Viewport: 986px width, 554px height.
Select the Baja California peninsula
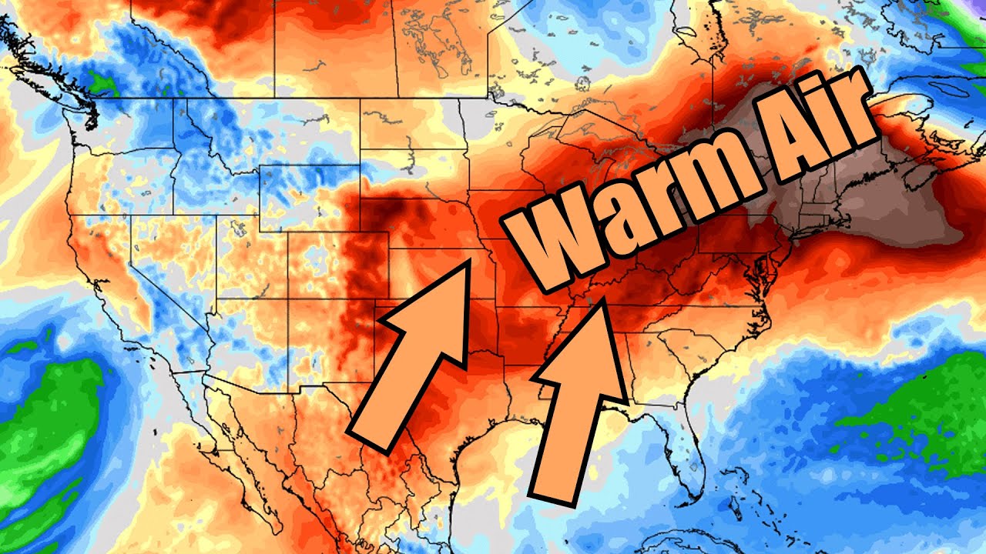[231, 446]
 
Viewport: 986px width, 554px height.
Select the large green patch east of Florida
[917, 415]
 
